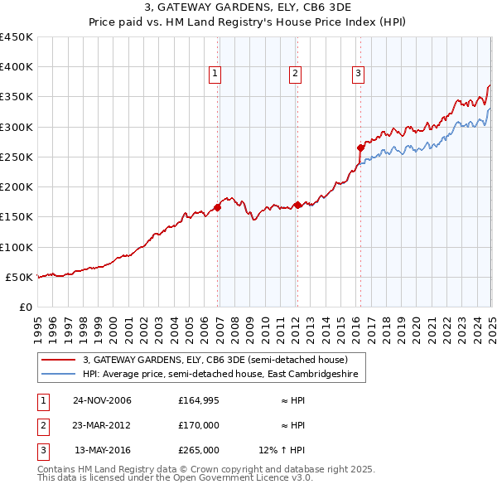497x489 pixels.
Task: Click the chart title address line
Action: [248, 8]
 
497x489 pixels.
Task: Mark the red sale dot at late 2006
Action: [218, 207]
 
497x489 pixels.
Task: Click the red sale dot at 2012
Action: [297, 205]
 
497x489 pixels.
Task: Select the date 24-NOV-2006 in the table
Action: [102, 401]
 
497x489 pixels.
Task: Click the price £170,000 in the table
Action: [198, 425]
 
